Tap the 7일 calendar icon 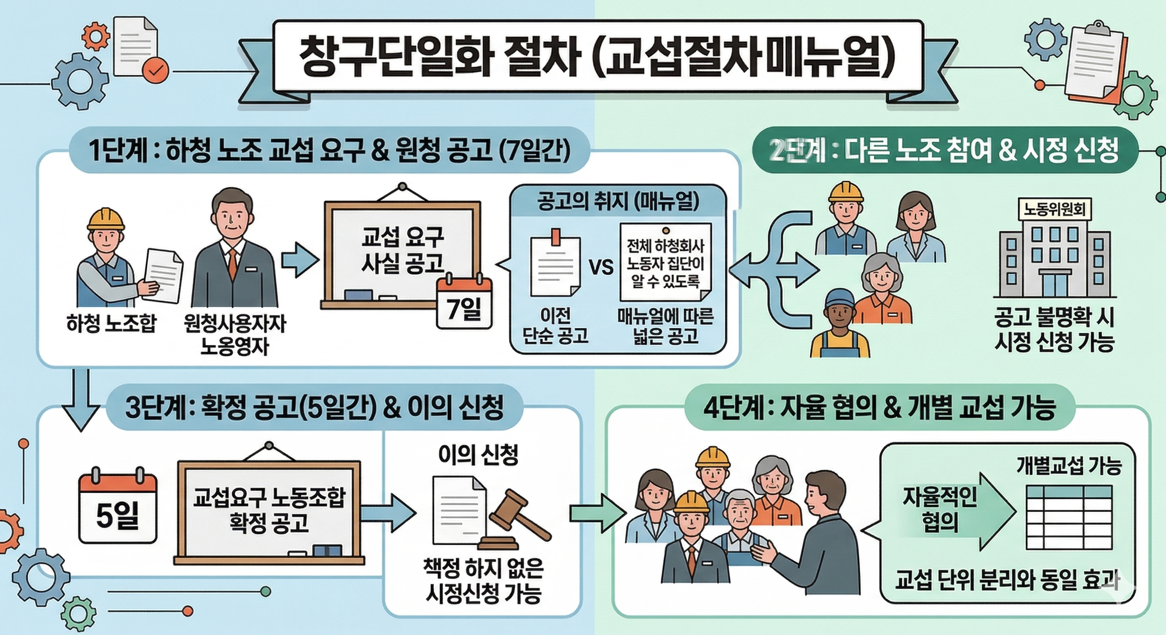pyautogui.click(x=464, y=303)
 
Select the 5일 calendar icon pyautogui.click(x=118, y=508)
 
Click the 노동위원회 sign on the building pyautogui.click(x=1054, y=209)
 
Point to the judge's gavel pyautogui.click(x=516, y=520)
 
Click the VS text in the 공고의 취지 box pyautogui.click(x=602, y=267)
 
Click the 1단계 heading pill pyautogui.click(x=329, y=151)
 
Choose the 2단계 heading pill pyautogui.click(x=944, y=151)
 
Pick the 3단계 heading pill pyautogui.click(x=314, y=407)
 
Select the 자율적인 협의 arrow pyautogui.click(x=955, y=511)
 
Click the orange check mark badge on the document pyautogui.click(x=155, y=71)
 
